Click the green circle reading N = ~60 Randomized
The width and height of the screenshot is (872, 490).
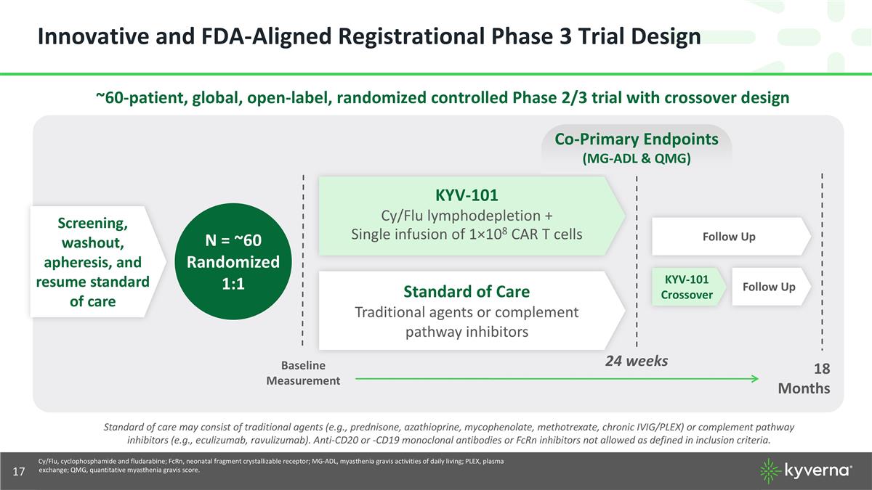click(233, 261)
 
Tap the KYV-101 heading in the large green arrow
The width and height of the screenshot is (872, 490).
click(467, 195)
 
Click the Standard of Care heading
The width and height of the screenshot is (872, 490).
click(467, 292)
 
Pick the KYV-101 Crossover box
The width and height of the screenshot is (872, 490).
click(689, 287)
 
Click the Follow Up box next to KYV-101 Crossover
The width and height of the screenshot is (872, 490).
click(772, 287)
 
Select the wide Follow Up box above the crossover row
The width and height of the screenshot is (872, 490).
click(732, 237)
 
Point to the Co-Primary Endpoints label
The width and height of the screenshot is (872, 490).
click(637, 139)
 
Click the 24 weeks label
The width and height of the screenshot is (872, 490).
click(637, 361)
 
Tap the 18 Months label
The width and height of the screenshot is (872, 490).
click(804, 378)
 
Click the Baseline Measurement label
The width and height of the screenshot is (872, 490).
click(303, 373)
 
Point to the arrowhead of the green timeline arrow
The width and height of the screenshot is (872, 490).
click(756, 379)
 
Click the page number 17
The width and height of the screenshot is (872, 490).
click(19, 472)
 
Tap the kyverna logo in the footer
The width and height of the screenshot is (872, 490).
click(806, 471)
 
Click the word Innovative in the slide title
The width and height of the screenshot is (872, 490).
click(94, 36)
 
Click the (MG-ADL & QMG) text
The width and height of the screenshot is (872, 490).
click(637, 159)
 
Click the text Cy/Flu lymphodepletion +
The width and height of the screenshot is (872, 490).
click(467, 216)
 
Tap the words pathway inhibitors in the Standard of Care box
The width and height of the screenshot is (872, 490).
click(467, 332)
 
